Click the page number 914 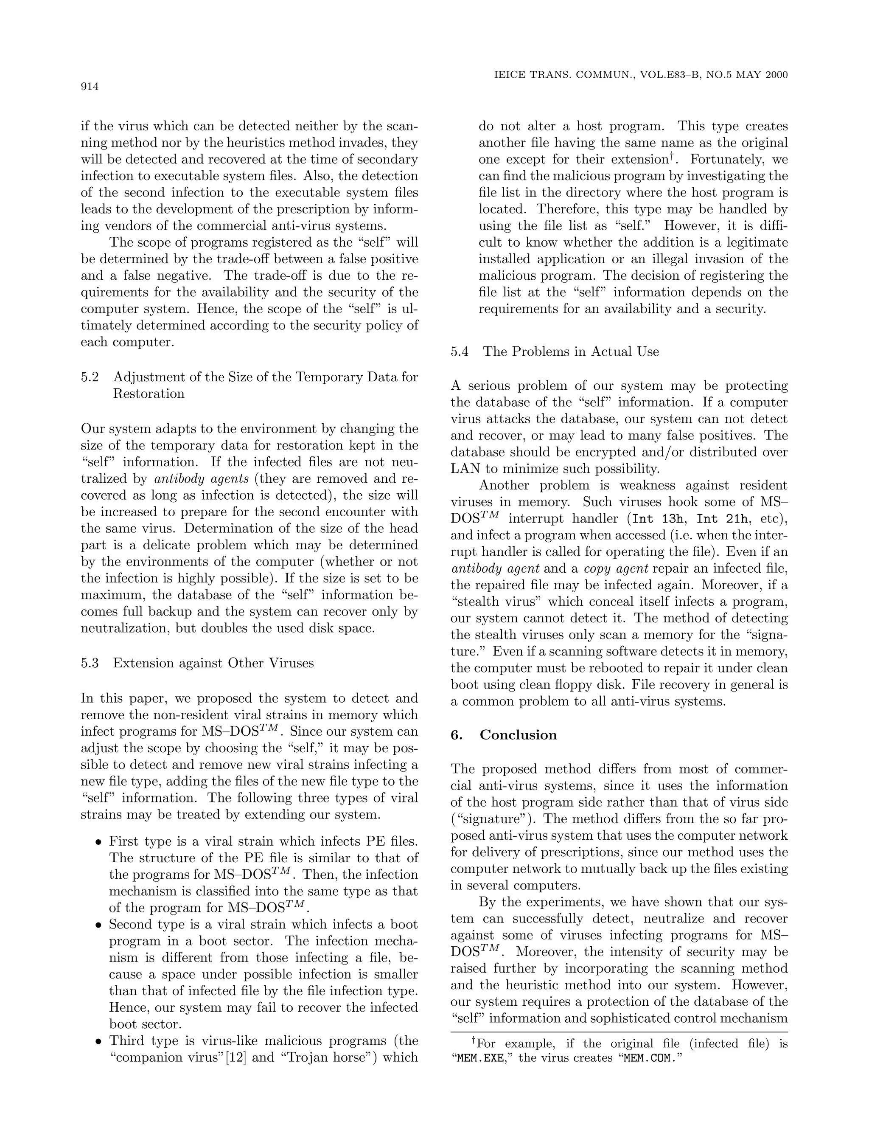(x=90, y=87)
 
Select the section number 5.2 (x=90, y=377)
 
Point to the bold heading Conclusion (x=518, y=734)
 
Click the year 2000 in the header (x=776, y=75)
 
